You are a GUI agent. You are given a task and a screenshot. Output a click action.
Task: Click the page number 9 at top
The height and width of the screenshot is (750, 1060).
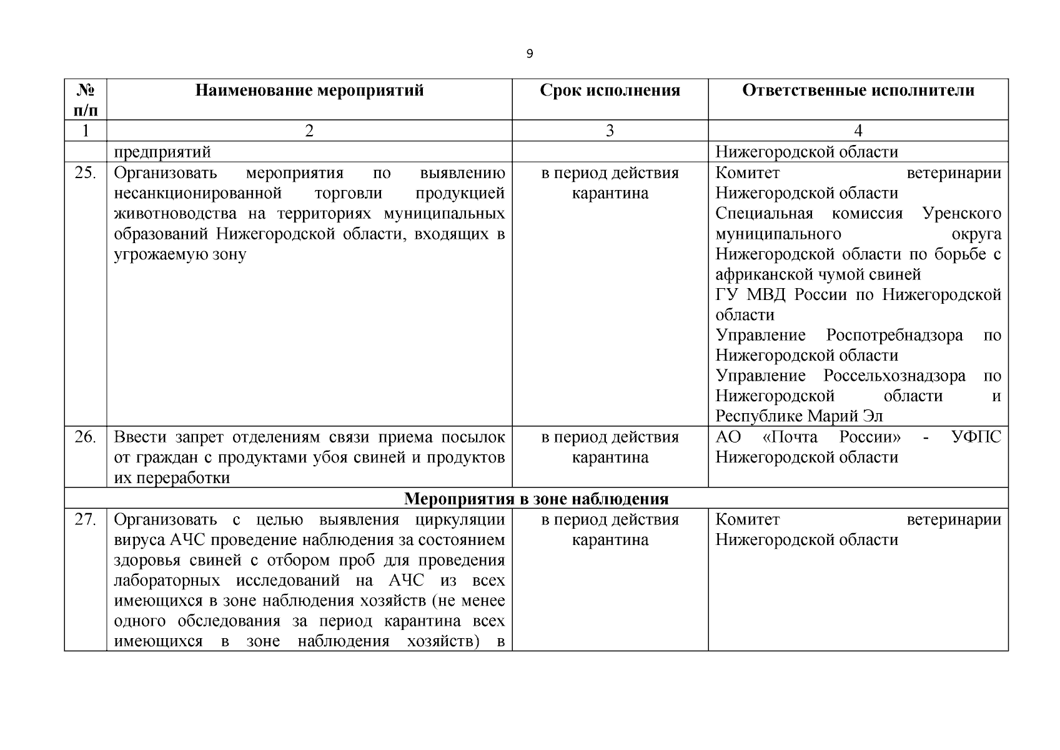(530, 54)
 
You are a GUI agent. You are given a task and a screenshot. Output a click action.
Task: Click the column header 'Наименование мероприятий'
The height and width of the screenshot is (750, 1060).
(309, 91)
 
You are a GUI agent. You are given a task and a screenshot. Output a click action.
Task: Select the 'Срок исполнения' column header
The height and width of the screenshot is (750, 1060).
(610, 91)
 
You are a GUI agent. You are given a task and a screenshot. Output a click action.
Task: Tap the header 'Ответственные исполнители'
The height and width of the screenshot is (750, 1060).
(858, 91)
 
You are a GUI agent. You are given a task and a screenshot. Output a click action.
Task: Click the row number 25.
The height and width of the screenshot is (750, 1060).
(85, 173)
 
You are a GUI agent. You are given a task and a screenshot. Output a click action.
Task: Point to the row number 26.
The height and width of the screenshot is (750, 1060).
(85, 437)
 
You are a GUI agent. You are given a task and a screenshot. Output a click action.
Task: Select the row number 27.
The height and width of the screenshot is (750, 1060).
(85, 519)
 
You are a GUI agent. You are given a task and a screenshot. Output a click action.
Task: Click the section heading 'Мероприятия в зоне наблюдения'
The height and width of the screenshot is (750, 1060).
(536, 499)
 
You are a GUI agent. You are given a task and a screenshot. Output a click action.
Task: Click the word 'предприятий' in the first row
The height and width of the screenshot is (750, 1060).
(162, 152)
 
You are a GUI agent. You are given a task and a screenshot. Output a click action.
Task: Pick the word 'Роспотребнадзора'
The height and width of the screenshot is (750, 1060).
(894, 335)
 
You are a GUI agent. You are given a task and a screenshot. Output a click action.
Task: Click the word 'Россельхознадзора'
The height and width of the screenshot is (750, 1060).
(894, 376)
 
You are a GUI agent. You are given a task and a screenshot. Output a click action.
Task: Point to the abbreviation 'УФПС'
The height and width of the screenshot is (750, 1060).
(976, 437)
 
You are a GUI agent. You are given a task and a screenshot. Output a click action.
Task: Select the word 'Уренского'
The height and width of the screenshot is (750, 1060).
(961, 213)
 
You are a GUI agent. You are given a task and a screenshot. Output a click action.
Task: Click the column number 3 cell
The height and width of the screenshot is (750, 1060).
(610, 131)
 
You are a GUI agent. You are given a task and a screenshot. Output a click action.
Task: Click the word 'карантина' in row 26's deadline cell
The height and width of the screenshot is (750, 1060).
(610, 457)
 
